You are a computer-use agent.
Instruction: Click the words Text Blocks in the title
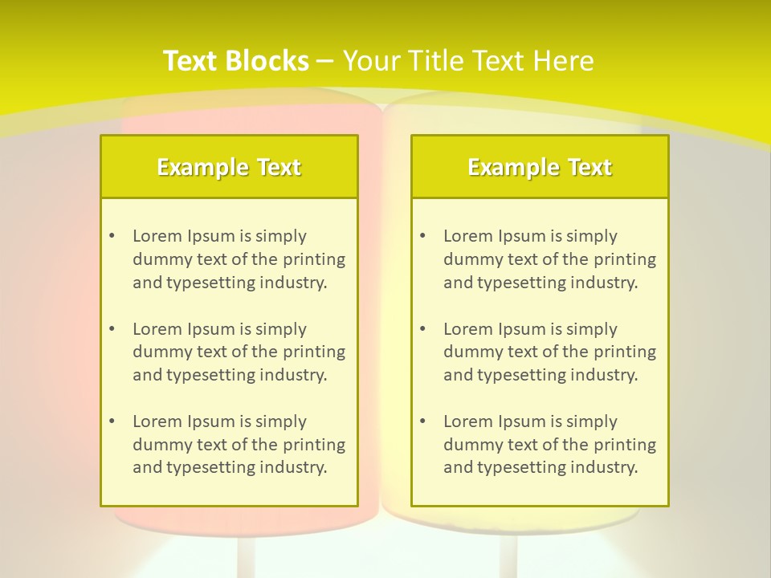(x=235, y=61)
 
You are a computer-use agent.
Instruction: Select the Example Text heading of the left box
(x=229, y=167)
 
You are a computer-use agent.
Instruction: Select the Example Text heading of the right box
(x=540, y=167)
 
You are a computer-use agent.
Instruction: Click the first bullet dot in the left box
(x=112, y=236)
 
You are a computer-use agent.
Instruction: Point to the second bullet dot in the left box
(x=112, y=329)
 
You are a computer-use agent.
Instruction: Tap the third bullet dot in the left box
(x=112, y=421)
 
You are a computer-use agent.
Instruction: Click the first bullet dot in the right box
(x=422, y=236)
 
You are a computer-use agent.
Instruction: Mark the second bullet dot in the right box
(x=422, y=329)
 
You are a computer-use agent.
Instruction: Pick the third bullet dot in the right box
(x=422, y=421)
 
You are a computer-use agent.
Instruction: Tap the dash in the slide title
(x=325, y=61)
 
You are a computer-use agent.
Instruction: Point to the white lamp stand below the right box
(x=508, y=554)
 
